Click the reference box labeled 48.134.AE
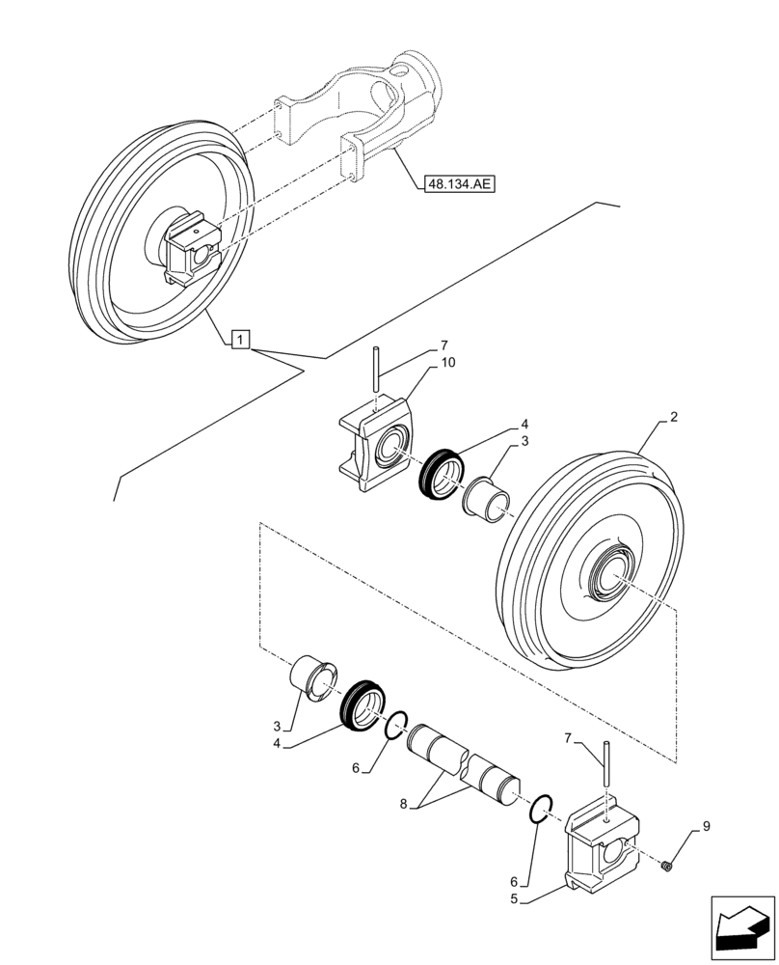click(457, 182)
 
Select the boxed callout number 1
click(241, 339)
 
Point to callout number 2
click(674, 418)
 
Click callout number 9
click(706, 826)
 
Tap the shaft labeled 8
click(464, 765)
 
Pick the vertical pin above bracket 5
click(604, 765)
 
